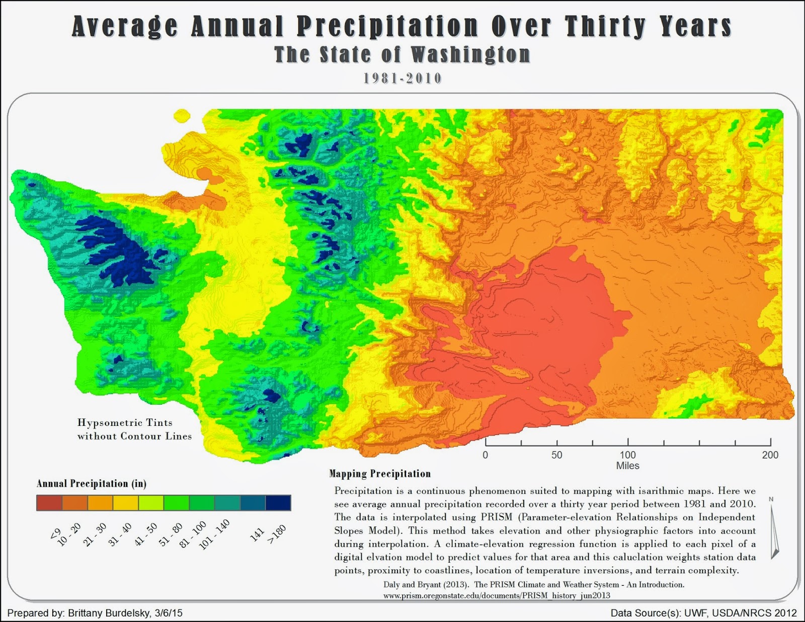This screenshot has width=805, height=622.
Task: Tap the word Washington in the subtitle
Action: (470, 55)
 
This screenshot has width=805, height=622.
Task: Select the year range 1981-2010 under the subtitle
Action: (403, 78)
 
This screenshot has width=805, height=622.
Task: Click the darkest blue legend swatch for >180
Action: (278, 503)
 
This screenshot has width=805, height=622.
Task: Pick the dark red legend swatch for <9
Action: (49, 503)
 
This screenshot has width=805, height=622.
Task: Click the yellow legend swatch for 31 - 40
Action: (126, 503)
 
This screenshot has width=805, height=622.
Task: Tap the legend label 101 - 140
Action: (214, 535)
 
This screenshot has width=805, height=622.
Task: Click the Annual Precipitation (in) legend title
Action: (91, 484)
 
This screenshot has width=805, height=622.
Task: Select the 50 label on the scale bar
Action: (556, 455)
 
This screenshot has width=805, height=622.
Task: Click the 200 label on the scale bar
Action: (770, 455)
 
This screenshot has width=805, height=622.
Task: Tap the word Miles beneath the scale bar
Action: (627, 466)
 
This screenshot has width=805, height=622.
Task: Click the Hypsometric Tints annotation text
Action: (125, 423)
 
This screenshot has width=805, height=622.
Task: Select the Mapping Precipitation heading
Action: (380, 474)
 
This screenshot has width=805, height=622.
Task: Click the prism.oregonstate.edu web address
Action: (497, 596)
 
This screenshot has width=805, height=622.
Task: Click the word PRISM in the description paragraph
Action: (496, 517)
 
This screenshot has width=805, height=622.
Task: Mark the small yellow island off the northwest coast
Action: (182, 116)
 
